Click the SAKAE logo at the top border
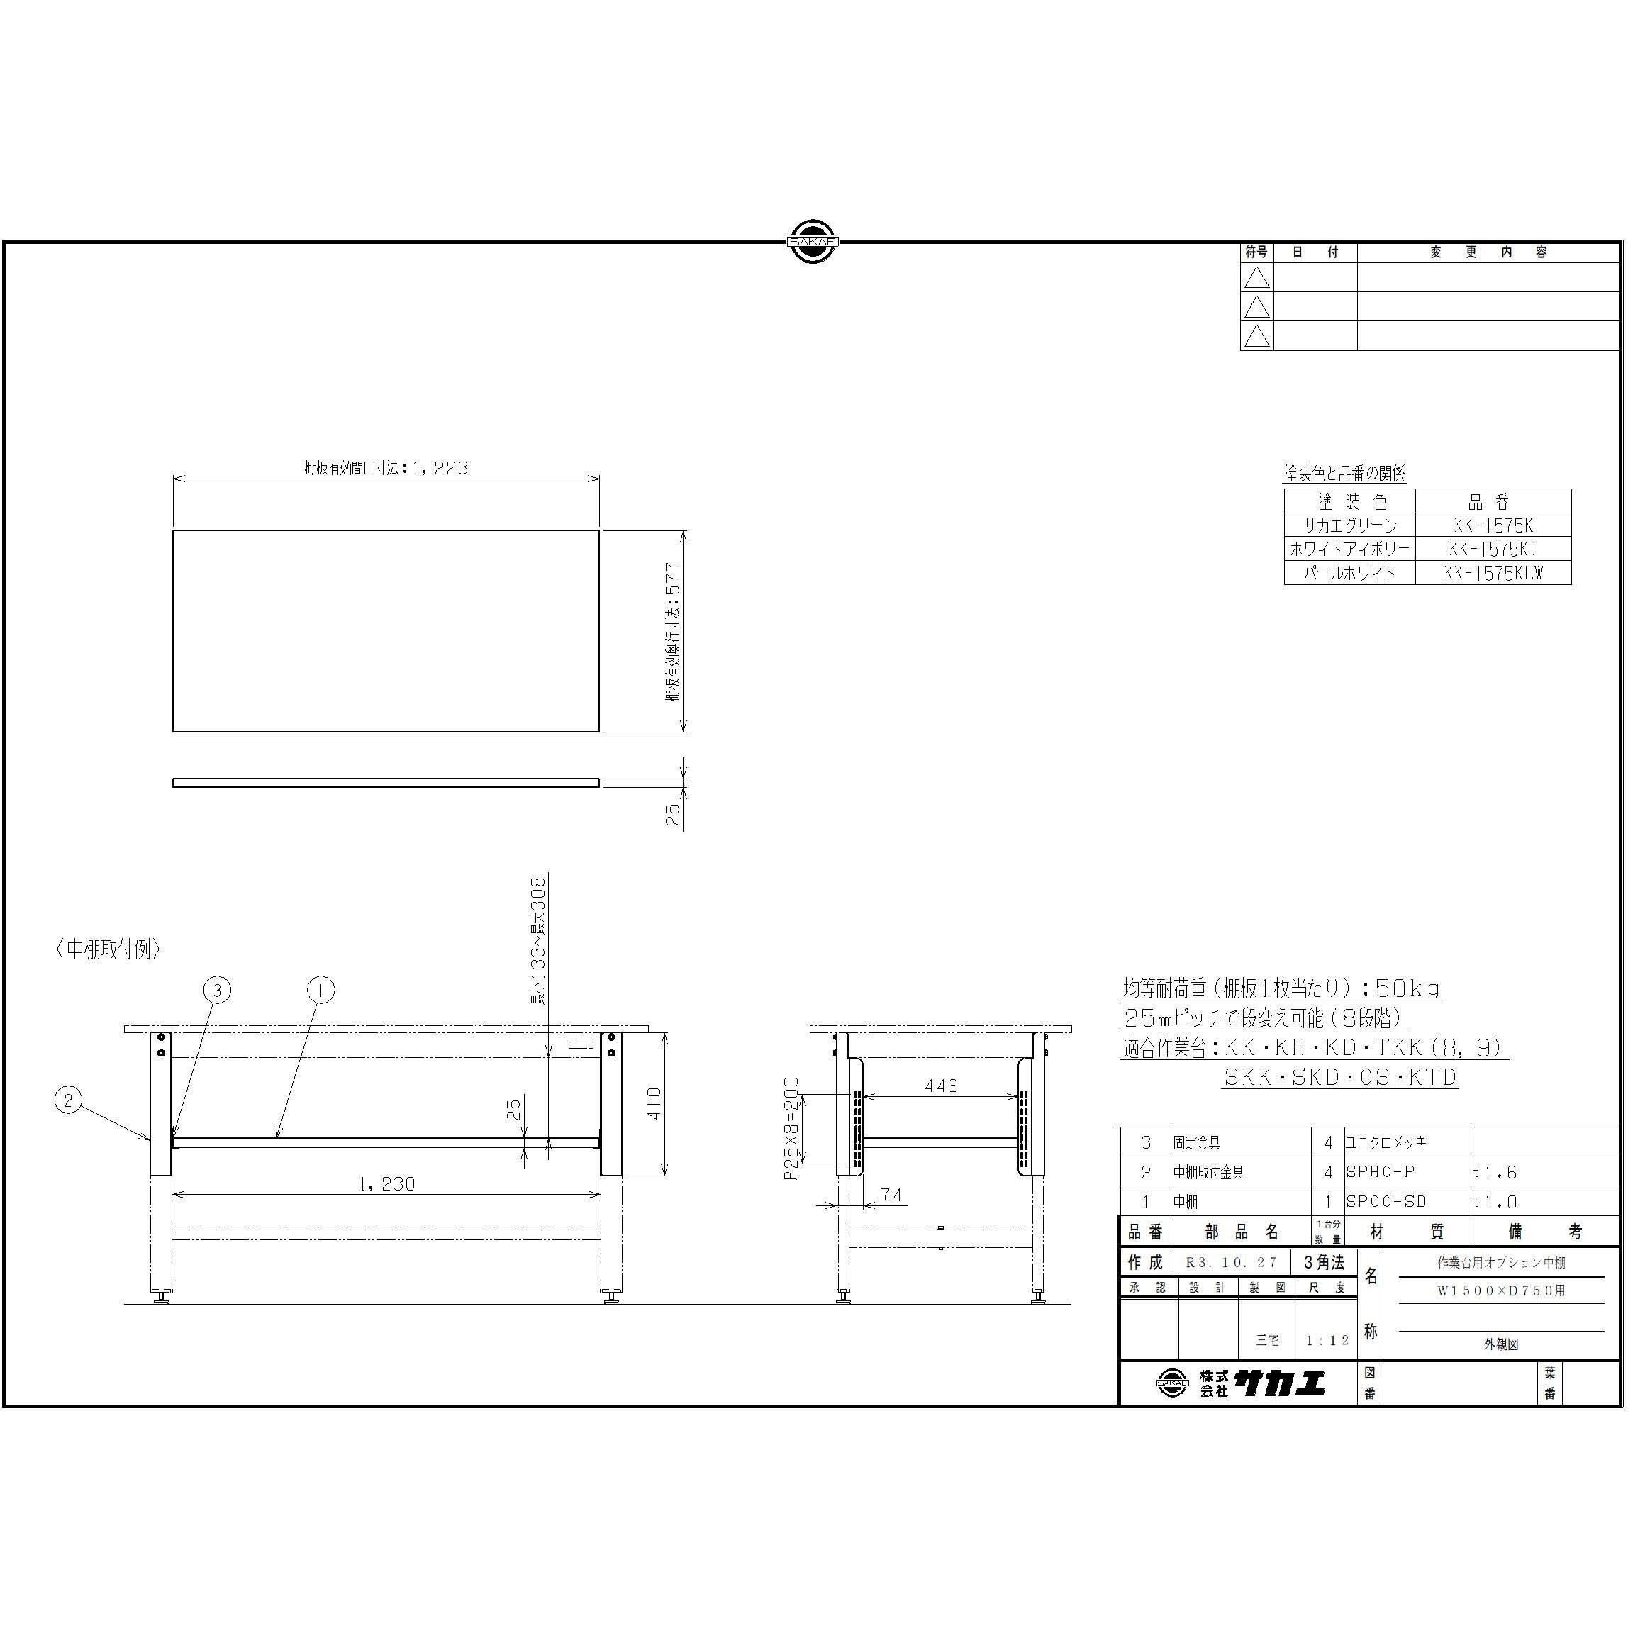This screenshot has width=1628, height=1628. pyautogui.click(x=813, y=242)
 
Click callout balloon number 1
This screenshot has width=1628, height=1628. pyautogui.click(x=320, y=990)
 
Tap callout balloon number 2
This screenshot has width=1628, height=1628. pyautogui.click(x=68, y=1100)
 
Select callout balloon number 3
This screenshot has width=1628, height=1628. pyautogui.click(x=216, y=990)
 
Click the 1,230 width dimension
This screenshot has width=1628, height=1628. pyautogui.click(x=386, y=1184)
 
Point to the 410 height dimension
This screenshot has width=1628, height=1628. pyautogui.click(x=654, y=1104)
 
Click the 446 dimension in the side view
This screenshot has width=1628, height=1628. pyautogui.click(x=940, y=1086)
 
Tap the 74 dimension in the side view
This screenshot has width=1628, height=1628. pyautogui.click(x=891, y=1195)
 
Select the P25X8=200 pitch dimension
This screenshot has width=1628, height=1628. pyautogui.click(x=791, y=1128)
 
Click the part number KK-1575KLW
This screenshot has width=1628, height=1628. pyautogui.click(x=1493, y=573)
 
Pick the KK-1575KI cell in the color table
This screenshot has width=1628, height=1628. pyautogui.click(x=1493, y=549)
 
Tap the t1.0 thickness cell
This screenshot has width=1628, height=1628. pyautogui.click(x=1495, y=1203)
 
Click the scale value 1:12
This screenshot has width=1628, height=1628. pyautogui.click(x=1327, y=1340)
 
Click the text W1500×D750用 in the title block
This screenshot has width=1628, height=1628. pyautogui.click(x=1501, y=1290)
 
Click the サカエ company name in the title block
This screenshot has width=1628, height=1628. pyautogui.click(x=1279, y=1383)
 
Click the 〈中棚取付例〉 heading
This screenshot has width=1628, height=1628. pyautogui.click(x=108, y=949)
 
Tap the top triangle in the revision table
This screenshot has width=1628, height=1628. pyautogui.click(x=1256, y=277)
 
